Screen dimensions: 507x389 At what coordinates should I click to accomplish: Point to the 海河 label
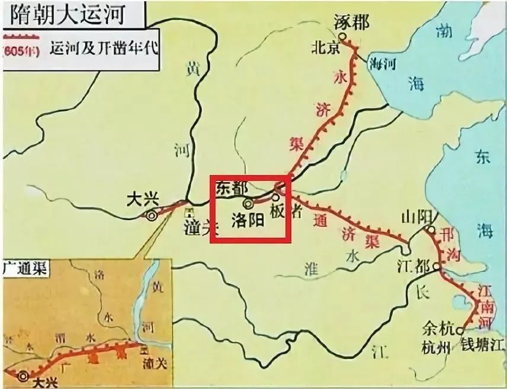coord(381,63)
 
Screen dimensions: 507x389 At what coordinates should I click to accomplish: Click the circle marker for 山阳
coord(432,229)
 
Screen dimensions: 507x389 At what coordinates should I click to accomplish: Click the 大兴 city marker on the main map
coord(152,216)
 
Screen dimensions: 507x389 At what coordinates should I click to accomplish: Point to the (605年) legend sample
coord(21,50)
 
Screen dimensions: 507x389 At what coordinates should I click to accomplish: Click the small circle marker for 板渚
coord(275,198)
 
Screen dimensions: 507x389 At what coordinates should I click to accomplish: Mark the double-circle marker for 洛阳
coord(248,204)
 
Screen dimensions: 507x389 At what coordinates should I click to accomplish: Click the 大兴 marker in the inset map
coord(23,375)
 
